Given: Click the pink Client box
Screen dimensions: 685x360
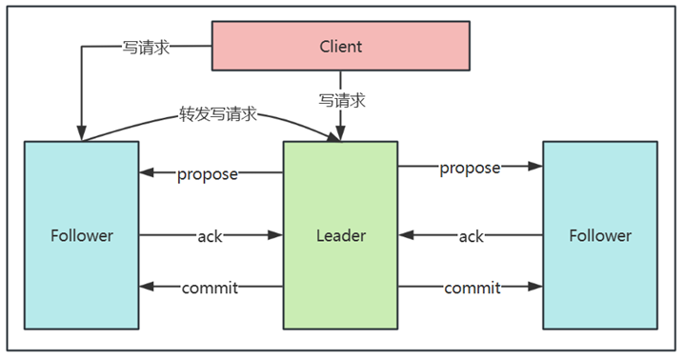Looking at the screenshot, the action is [341, 46].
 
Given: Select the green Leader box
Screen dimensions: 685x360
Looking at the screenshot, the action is [340, 235].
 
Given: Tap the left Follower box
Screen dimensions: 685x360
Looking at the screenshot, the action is [82, 235].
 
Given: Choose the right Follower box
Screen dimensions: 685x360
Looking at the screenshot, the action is [600, 235].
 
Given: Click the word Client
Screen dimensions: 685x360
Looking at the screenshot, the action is [341, 47].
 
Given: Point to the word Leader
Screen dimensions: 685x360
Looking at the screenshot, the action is [341, 235].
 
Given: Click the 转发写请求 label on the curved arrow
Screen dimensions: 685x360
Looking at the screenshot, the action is [218, 114].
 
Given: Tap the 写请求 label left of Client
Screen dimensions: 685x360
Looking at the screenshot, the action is [146, 48].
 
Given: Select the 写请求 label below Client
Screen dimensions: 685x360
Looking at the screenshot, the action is [342, 101].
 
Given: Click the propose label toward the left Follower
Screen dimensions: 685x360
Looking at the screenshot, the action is [208, 174].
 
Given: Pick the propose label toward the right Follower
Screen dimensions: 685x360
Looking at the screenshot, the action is [470, 169].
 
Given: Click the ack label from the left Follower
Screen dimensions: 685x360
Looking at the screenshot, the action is [211, 236].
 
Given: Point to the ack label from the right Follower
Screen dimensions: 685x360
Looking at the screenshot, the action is [472, 236].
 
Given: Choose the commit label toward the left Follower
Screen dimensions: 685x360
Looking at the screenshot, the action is [211, 288].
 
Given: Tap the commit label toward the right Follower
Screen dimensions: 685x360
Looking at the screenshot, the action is [473, 288].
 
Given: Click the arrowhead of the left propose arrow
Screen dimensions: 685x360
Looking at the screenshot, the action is [147, 172].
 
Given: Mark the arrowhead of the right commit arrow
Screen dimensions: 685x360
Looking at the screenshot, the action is [535, 287].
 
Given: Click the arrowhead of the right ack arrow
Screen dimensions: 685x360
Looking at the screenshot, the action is [406, 235].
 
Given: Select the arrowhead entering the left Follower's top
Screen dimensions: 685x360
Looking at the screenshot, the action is [81, 133].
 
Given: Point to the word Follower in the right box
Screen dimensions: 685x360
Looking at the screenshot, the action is [600, 235].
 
